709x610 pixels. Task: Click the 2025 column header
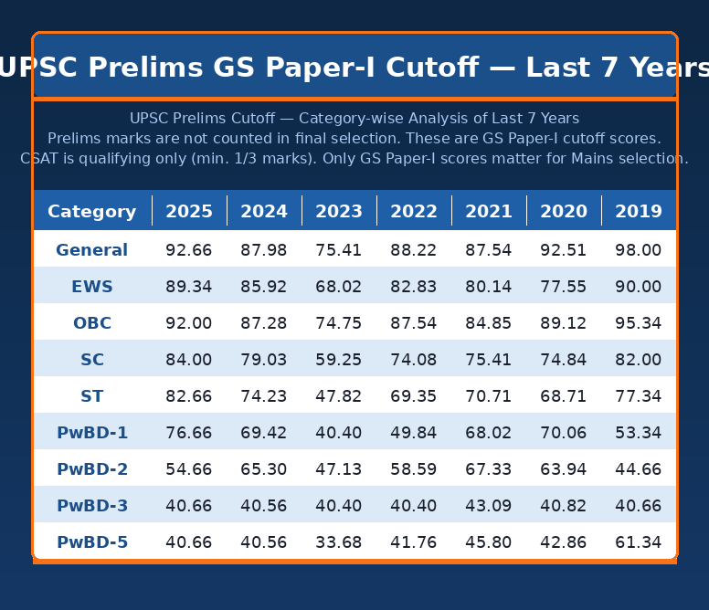pos(189,212)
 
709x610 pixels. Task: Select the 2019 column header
pos(639,212)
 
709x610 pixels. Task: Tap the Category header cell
pos(92,212)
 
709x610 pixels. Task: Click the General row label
pos(92,250)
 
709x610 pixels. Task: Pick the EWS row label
pos(92,287)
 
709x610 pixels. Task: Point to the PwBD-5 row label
pos(92,542)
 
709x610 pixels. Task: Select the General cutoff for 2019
pos(639,250)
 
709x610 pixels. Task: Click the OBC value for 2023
pos(339,323)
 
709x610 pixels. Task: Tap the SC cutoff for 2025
pos(189,360)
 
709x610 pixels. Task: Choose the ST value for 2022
pos(414,396)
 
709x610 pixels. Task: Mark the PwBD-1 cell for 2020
pos(564,433)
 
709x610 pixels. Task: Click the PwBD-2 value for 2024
pos(264,469)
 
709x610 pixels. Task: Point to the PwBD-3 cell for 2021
pos(489,506)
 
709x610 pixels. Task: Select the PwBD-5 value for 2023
pos(339,542)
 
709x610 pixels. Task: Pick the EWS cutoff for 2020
pos(564,287)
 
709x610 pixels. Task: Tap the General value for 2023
pos(339,250)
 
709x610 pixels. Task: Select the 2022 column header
pos(414,212)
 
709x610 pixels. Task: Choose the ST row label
pos(92,396)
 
